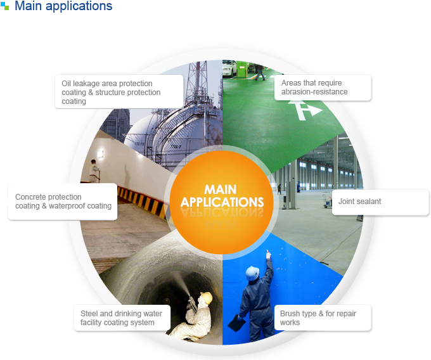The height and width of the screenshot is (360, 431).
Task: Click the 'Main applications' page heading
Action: coord(63,6)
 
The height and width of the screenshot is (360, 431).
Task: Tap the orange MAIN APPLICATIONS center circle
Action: coord(222,202)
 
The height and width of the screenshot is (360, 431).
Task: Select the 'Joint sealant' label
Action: coord(359,202)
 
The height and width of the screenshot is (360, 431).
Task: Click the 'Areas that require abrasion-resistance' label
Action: coord(314,87)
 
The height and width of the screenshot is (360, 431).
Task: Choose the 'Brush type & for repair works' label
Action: coord(318,318)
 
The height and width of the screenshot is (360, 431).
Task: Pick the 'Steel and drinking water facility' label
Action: coord(121,318)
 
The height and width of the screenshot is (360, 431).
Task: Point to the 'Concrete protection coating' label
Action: coord(63,202)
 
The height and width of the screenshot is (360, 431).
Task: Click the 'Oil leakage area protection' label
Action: coord(111,92)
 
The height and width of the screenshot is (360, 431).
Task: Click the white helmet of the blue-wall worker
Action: coord(252,273)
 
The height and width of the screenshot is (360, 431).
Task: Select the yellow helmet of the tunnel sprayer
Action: coord(207,298)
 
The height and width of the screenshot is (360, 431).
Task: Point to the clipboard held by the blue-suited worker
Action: coord(236,323)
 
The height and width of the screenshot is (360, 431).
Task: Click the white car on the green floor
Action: coord(229,68)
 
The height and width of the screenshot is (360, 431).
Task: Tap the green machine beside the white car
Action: coord(242,70)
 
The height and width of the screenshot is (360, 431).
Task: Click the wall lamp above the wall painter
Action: coord(100,154)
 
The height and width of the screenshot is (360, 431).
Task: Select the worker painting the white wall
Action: coord(94,171)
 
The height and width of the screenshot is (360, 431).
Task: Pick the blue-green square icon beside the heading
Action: coord(4,6)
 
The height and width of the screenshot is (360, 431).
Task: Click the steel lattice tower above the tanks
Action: coord(196,82)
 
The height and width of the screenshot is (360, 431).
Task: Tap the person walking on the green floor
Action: coord(260,72)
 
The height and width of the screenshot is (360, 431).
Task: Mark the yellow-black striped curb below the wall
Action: coord(143,200)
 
